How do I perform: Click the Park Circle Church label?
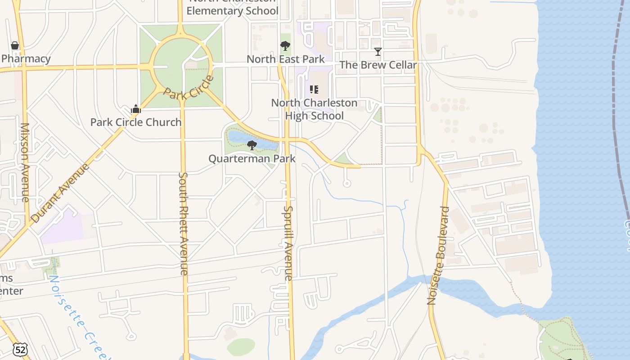pyautogui.click(x=136, y=122)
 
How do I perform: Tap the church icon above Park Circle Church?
pyautogui.click(x=136, y=109)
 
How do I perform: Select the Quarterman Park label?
pyautogui.click(x=252, y=158)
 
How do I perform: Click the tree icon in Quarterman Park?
pyautogui.click(x=252, y=145)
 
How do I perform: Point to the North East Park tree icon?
pyautogui.click(x=285, y=45)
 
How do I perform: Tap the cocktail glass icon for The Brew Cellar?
pyautogui.click(x=378, y=52)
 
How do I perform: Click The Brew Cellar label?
pyautogui.click(x=378, y=65)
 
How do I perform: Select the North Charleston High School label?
pyautogui.click(x=314, y=109)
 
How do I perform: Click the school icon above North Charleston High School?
pyautogui.click(x=314, y=90)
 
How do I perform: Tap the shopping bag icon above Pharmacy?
pyautogui.click(x=15, y=45)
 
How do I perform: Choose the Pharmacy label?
pyautogui.click(x=26, y=58)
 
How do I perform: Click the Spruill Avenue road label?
pyautogui.click(x=288, y=243)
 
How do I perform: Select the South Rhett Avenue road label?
pyautogui.click(x=184, y=223)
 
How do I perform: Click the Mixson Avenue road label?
pyautogui.click(x=25, y=162)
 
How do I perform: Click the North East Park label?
pyautogui.click(x=285, y=59)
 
